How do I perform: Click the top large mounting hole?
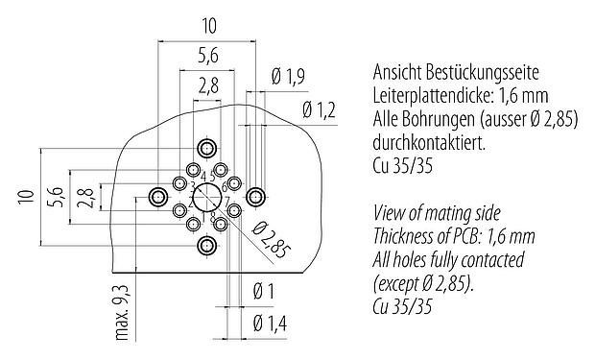click(206, 149)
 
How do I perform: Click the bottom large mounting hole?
click(206, 246)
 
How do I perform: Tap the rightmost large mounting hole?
click(254, 198)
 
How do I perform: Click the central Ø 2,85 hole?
click(206, 199)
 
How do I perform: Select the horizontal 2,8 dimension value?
click(206, 86)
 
